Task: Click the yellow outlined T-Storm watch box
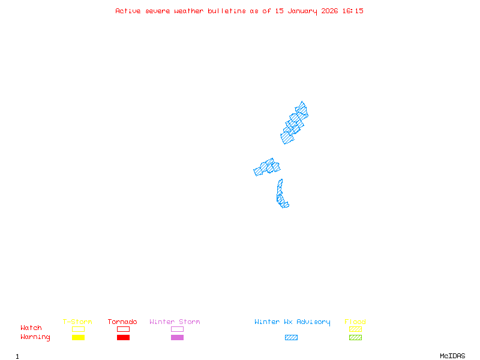78,329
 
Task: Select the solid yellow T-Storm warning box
78,337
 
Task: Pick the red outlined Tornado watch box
123,329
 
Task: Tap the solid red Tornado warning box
123,337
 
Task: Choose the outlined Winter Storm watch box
177,329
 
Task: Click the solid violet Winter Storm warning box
177,337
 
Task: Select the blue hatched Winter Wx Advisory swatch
291,337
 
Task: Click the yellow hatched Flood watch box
355,329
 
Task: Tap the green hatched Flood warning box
355,337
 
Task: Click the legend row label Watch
31,328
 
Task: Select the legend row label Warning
35,337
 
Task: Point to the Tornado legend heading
122,322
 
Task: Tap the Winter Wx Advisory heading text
292,322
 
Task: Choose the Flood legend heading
355,322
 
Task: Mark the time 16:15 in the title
353,11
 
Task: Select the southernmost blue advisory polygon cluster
281,194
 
